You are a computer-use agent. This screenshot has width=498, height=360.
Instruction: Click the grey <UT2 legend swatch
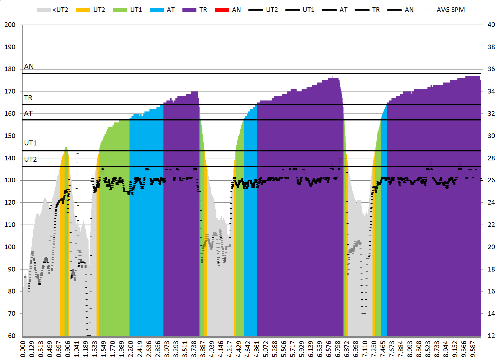pyautogui.click(x=44, y=10)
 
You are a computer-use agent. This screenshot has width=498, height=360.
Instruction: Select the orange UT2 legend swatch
pyautogui.click(x=83, y=10)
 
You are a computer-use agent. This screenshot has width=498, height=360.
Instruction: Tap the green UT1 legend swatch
pyautogui.click(x=120, y=10)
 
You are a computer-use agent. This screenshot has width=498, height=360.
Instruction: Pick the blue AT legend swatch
pyautogui.click(x=157, y=10)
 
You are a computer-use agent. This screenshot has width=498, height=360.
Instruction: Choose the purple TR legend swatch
pyautogui.click(x=189, y=10)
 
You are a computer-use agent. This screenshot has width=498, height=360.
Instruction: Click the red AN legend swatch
pyautogui.click(x=222, y=10)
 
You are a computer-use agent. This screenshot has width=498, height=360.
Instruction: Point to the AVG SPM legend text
pyautogui.click(x=451, y=10)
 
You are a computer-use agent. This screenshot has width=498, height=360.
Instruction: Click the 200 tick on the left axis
pyautogui.click(x=10, y=25)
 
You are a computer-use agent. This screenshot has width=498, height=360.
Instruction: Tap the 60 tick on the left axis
pyautogui.click(x=12, y=336)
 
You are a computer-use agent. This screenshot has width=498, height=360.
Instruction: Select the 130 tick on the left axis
pyautogui.click(x=10, y=180)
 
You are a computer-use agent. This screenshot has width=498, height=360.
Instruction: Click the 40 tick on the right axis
pyautogui.click(x=491, y=25)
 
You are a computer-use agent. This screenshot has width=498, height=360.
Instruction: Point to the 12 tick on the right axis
pyautogui.click(x=491, y=336)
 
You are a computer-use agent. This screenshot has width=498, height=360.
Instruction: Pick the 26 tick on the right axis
pyautogui.click(x=491, y=180)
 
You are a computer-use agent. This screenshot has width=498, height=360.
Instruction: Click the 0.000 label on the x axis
pyautogui.click(x=23, y=349)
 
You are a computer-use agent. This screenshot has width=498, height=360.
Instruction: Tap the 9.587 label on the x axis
pyautogui.click(x=473, y=349)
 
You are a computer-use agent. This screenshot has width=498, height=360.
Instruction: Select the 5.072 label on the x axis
pyautogui.click(x=266, y=349)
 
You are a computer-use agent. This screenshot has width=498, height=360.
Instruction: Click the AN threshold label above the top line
pyautogui.click(x=29, y=67)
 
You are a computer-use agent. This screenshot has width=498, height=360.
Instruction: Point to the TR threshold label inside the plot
pyautogui.click(x=28, y=98)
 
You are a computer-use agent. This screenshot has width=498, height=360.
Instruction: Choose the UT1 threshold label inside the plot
pyautogui.click(x=30, y=143)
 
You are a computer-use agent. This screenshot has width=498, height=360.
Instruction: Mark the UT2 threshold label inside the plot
pyautogui.click(x=30, y=159)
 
